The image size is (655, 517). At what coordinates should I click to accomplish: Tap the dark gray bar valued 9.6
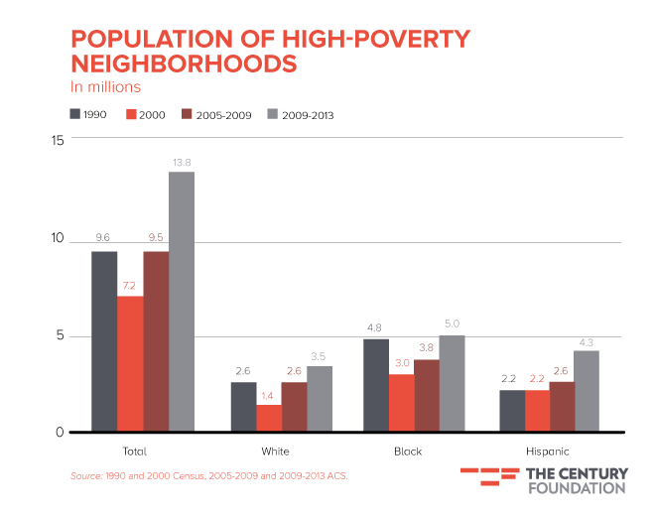[x=104, y=340]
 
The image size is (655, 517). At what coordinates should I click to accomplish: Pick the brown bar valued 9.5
[x=156, y=340]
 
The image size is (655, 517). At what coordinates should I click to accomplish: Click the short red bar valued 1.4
[x=269, y=417]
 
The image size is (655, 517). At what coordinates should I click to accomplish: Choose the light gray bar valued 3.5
[x=320, y=398]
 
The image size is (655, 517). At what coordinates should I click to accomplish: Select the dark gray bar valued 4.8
[x=376, y=384]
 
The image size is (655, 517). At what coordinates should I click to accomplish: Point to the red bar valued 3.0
[x=402, y=402]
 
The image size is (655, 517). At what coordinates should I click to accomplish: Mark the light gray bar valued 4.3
[x=587, y=390]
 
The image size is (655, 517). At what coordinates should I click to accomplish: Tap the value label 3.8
[x=427, y=347]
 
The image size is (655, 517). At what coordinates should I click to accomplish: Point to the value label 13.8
[x=182, y=162]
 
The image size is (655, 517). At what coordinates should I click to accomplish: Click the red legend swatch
[x=131, y=114]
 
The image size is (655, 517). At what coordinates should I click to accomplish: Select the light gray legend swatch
[x=273, y=114]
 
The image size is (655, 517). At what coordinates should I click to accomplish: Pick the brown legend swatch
[x=188, y=114]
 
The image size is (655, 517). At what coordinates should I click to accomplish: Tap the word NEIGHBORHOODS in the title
[x=184, y=64]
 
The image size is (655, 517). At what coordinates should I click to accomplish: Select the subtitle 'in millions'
[x=105, y=86]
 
